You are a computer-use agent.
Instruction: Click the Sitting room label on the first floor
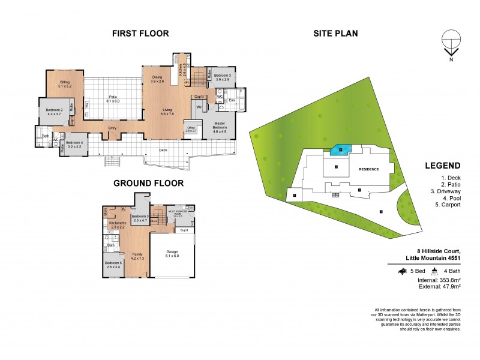(65, 83)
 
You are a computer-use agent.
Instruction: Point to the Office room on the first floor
(191, 130)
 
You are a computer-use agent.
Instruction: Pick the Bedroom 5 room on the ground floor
(113, 265)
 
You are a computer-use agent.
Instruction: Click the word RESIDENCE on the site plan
(369, 169)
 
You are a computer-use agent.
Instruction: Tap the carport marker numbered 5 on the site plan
(295, 194)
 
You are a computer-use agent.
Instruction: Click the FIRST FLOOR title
(140, 34)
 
